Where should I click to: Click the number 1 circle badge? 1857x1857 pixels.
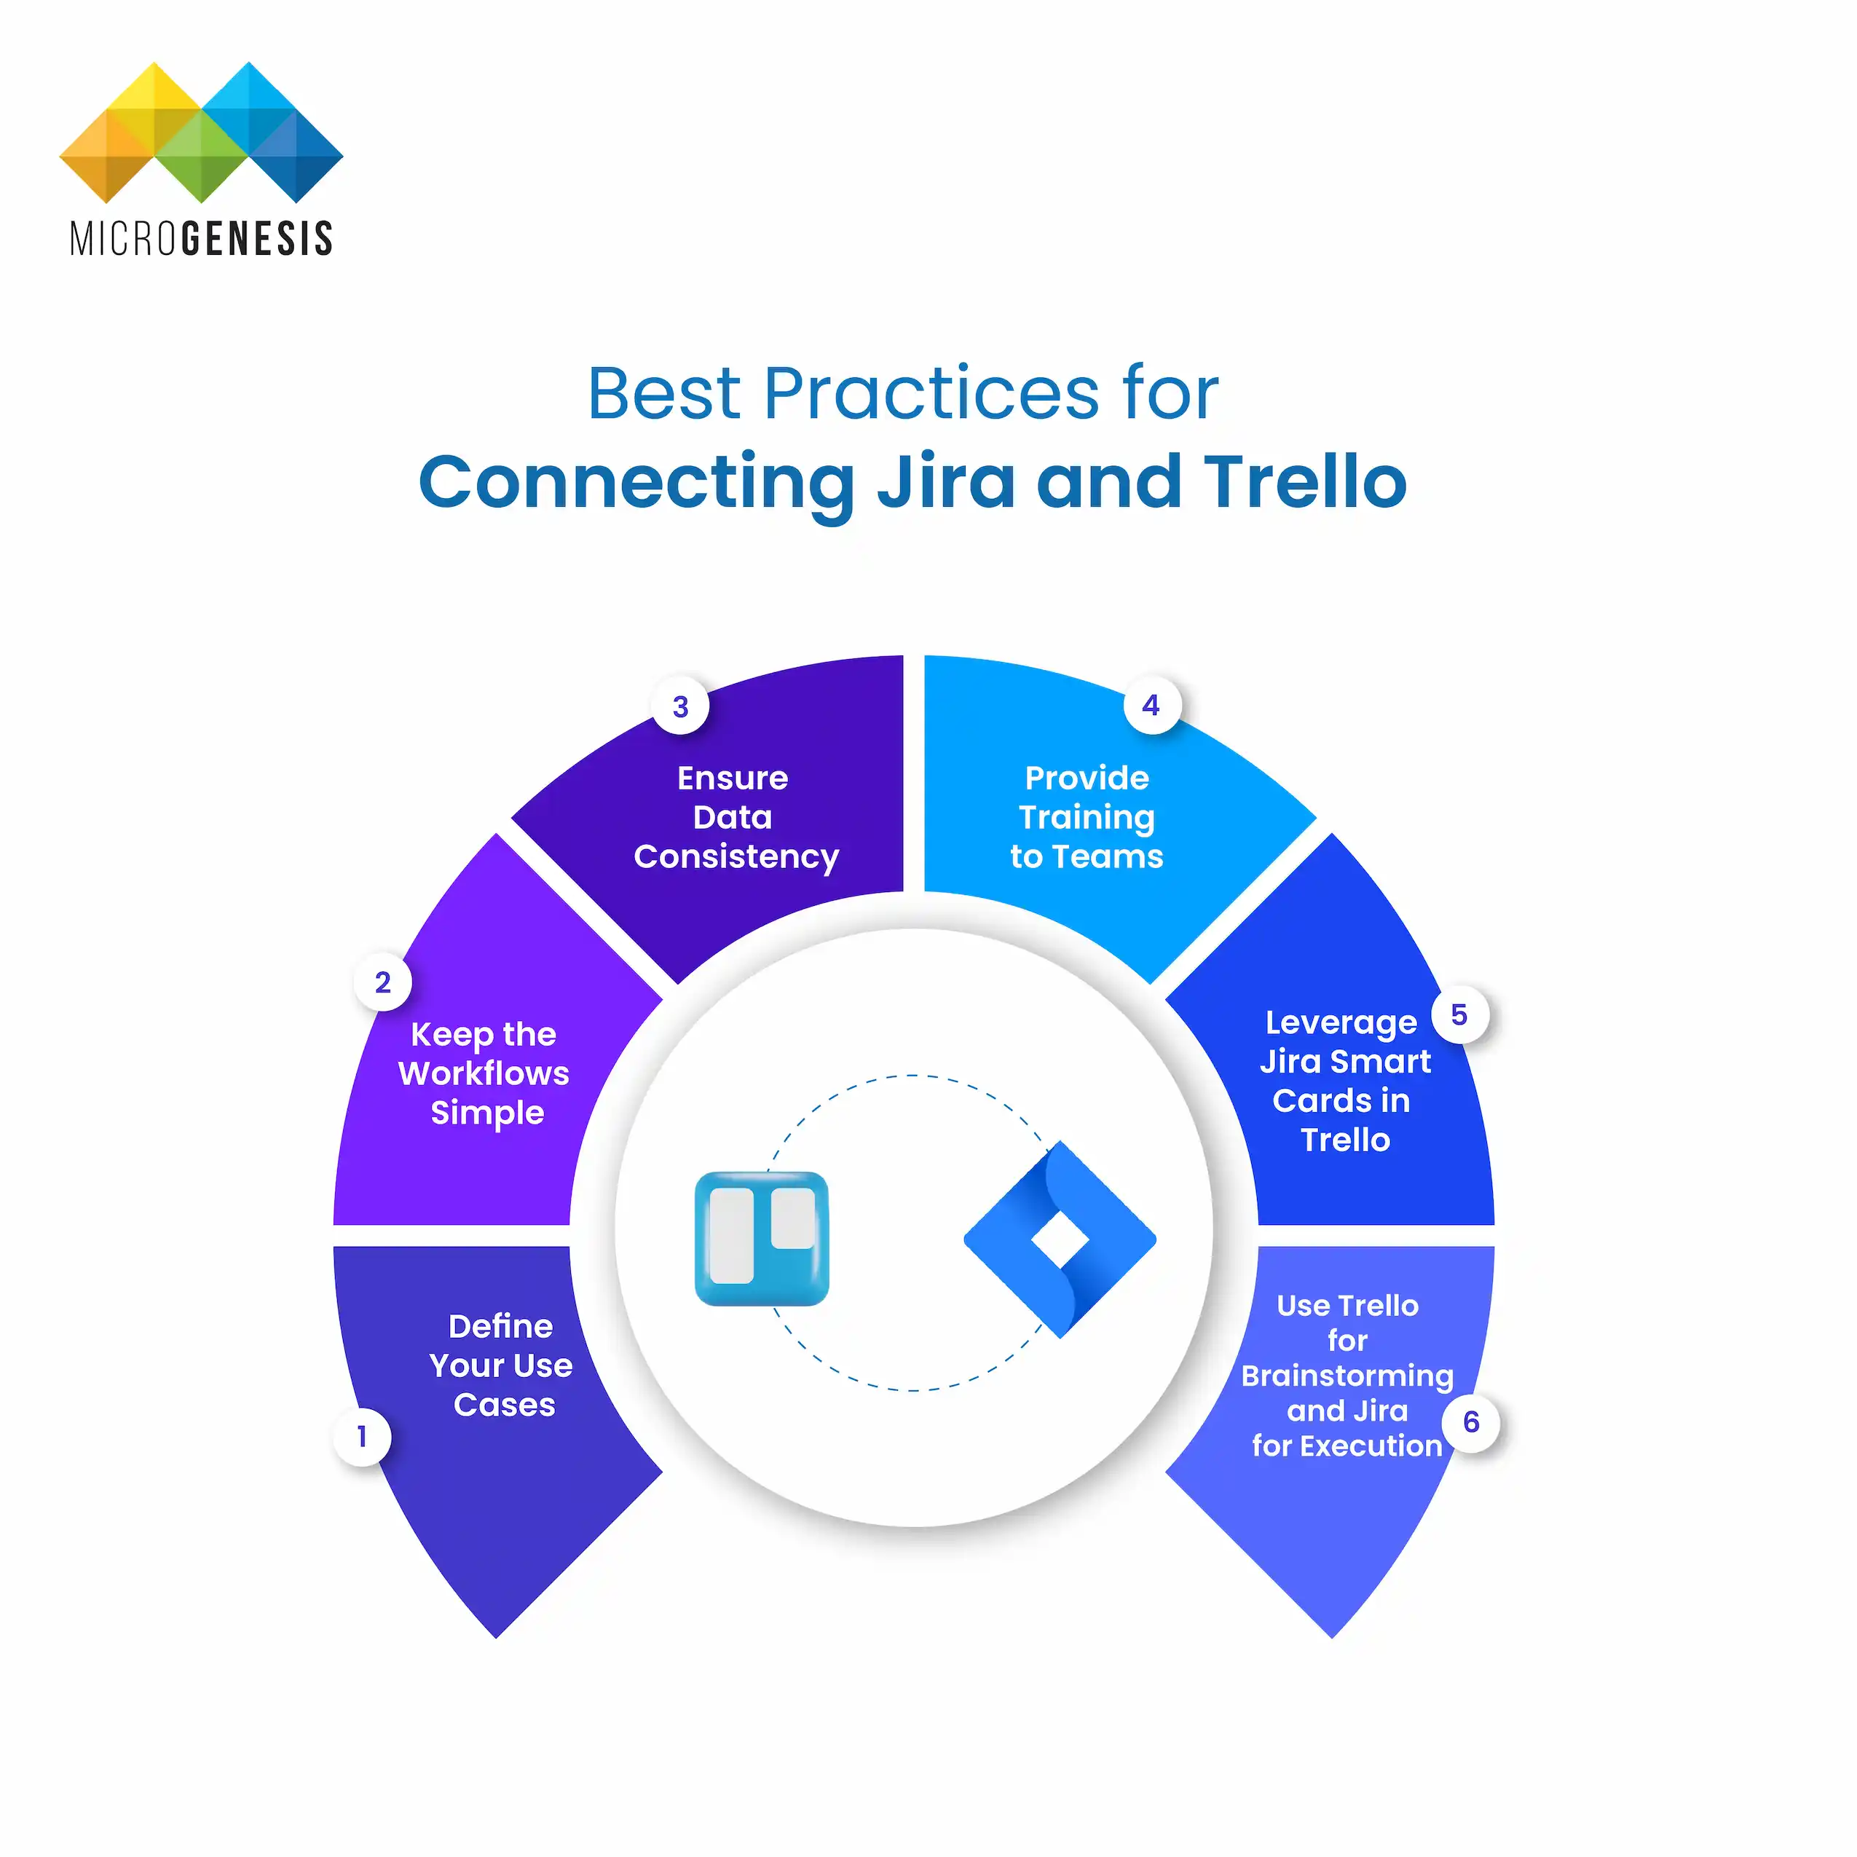point(361,1437)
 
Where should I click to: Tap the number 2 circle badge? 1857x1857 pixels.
point(382,982)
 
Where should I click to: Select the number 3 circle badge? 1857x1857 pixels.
point(680,707)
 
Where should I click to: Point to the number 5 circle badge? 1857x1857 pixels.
point(1459,1015)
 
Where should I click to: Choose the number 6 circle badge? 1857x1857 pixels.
point(1470,1422)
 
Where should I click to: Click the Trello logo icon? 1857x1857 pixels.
point(761,1238)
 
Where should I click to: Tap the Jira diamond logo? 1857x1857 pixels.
point(1060,1240)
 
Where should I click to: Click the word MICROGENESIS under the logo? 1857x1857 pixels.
point(201,238)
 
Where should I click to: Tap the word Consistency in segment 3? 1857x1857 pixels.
point(736,857)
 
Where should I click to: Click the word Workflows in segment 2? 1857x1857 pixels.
point(484,1073)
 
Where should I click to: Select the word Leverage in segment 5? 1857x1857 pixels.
point(1341,1022)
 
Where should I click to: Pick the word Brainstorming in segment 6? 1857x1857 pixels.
point(1347,1376)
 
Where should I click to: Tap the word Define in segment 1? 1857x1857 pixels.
point(501,1326)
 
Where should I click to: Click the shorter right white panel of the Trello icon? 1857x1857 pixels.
point(793,1219)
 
